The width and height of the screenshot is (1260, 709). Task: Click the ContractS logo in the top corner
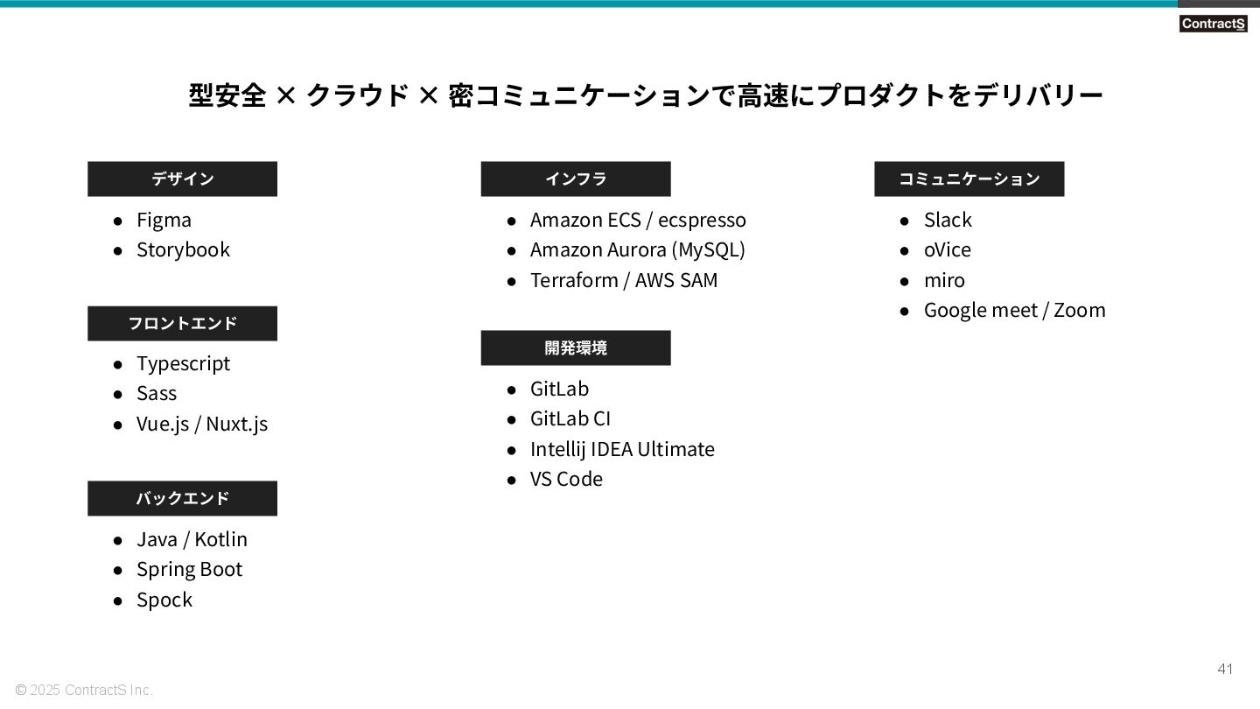point(1212,24)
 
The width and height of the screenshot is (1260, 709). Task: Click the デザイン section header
point(182,179)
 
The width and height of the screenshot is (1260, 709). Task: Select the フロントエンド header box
point(182,323)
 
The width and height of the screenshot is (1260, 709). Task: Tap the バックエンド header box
point(182,498)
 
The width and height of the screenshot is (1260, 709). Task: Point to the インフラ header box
point(576,179)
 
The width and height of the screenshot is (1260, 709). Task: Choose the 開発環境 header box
point(576,347)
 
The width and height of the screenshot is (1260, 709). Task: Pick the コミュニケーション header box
point(969,179)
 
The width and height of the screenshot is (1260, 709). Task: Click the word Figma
point(164,220)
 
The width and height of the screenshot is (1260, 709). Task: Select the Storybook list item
point(183,249)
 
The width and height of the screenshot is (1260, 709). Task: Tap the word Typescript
point(183,363)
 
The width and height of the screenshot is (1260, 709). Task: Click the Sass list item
point(157,393)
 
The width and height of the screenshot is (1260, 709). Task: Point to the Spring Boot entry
point(189,569)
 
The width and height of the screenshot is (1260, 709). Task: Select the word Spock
point(164,600)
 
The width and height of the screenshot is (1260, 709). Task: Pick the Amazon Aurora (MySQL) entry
point(637,249)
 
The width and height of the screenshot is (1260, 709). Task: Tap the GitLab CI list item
point(570,418)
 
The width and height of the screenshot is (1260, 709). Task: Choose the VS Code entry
point(566,479)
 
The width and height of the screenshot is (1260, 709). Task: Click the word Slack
point(948,220)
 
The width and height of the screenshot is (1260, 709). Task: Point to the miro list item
point(944,280)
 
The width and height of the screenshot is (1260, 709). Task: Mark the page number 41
point(1225,670)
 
